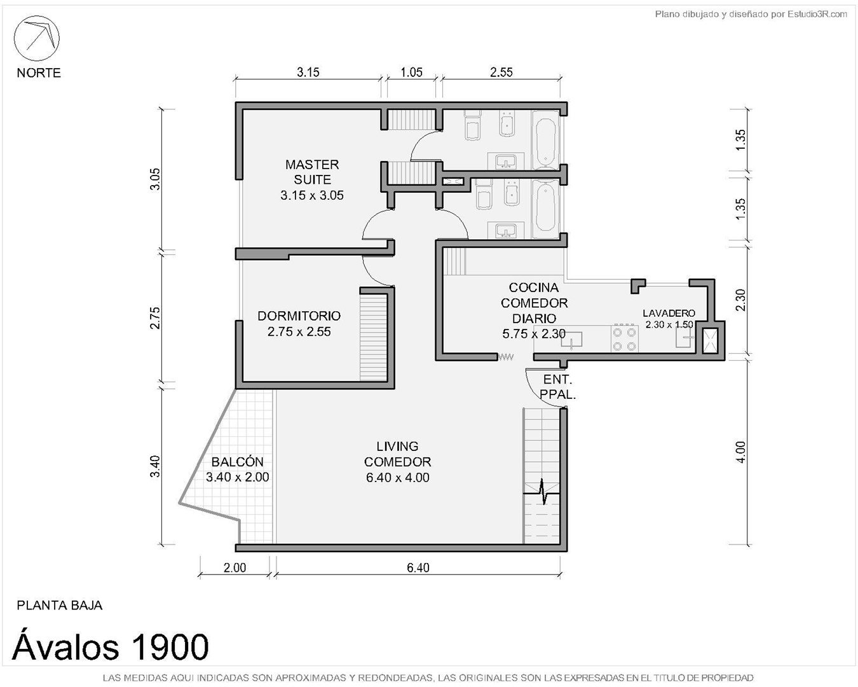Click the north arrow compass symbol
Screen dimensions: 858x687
(37, 39)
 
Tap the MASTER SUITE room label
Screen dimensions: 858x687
(312, 172)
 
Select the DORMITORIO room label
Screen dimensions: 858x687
(299, 316)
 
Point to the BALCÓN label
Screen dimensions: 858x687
(237, 462)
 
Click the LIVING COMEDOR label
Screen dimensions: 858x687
(397, 454)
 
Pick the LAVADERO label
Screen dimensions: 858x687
(669, 313)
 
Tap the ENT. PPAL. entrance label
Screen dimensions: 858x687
(558, 387)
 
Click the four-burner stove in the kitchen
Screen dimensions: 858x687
(624, 339)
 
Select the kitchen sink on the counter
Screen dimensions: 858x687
(571, 340)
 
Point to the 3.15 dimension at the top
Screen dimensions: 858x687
(308, 73)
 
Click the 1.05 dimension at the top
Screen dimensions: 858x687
(411, 73)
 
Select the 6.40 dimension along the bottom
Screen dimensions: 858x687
(418, 567)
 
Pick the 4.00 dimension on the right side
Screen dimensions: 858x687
(740, 452)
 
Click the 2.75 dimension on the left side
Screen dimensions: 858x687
(154, 318)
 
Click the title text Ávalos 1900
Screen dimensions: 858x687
(111, 646)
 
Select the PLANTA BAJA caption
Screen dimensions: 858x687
(59, 605)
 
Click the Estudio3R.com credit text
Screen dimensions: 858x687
(751, 15)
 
